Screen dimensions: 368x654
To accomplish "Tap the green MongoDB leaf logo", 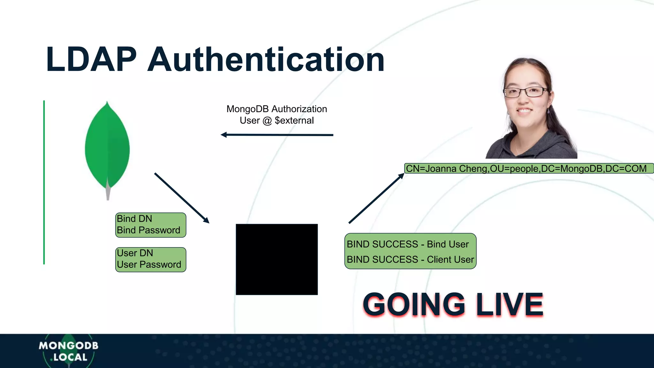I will [x=107, y=147].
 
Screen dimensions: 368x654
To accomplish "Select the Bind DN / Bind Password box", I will [x=150, y=225].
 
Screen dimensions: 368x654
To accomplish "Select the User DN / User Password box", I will [x=150, y=259].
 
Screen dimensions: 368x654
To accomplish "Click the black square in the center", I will [x=277, y=259].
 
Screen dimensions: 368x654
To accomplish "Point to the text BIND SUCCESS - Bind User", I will [x=407, y=244].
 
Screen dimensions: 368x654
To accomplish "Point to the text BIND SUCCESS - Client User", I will [x=410, y=259].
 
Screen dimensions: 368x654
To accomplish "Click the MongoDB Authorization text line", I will [x=277, y=109].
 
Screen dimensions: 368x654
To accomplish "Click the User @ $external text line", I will [x=277, y=120].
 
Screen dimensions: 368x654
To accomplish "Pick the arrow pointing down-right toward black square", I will [x=181, y=198].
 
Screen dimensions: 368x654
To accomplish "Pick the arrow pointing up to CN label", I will [x=376, y=198].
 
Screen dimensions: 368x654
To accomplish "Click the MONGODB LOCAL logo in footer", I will [x=68, y=351].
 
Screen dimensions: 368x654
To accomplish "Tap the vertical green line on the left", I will [x=44, y=182].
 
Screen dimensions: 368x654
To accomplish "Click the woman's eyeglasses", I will [x=526, y=92].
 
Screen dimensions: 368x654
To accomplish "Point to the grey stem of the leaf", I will [x=108, y=193].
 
